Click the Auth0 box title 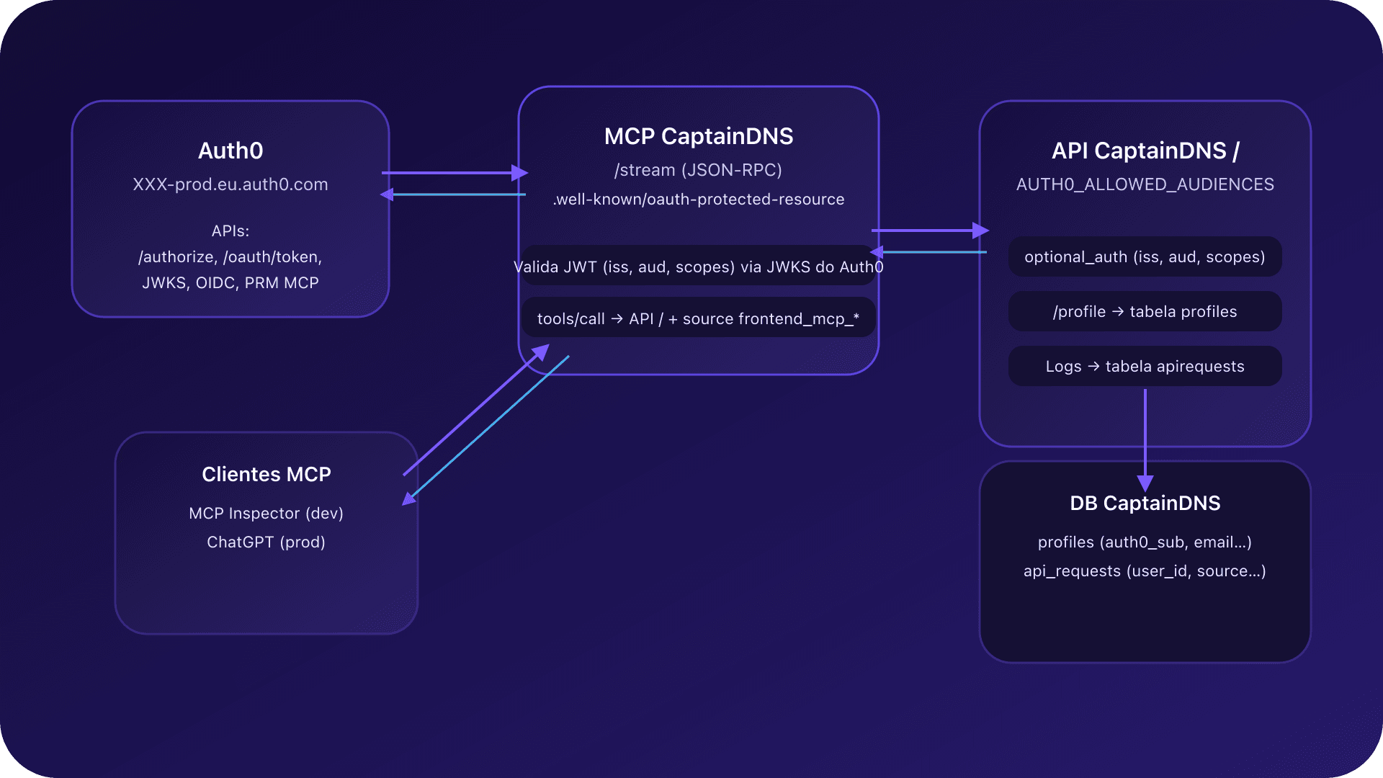(230, 151)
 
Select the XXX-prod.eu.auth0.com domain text (230, 184)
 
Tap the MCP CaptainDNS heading (698, 136)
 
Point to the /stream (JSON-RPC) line (698, 170)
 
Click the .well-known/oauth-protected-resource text (698, 200)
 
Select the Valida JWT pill (698, 267)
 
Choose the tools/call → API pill (698, 318)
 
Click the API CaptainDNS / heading (1145, 151)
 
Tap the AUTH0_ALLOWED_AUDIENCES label (1145, 184)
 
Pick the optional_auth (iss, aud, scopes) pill (1145, 256)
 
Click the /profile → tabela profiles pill (1145, 311)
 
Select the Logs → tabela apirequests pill (1145, 366)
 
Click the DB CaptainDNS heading (1145, 503)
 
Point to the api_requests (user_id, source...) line (1145, 571)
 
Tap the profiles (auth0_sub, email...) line (1145, 542)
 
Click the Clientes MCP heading (266, 474)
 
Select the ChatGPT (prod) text (266, 542)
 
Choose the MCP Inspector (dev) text (266, 513)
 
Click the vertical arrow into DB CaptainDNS (1145, 439)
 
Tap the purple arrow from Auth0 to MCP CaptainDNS (454, 173)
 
